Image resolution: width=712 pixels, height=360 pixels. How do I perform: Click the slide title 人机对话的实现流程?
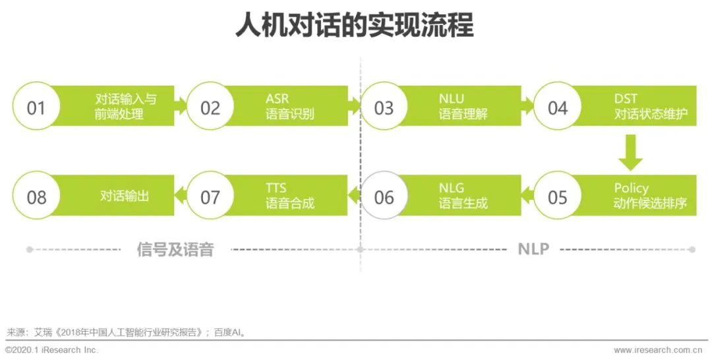click(354, 26)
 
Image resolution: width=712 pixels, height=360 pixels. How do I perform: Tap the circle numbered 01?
click(36, 107)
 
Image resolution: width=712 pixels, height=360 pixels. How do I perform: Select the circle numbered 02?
click(210, 107)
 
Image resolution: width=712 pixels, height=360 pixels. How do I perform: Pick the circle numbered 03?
click(384, 107)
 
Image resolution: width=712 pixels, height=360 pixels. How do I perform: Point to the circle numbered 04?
click(557, 107)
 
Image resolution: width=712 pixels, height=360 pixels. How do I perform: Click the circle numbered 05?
click(557, 196)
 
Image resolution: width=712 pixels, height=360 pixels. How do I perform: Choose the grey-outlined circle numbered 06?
click(384, 196)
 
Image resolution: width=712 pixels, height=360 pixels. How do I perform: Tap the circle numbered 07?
click(210, 196)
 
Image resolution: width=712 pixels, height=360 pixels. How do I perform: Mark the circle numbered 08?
click(36, 196)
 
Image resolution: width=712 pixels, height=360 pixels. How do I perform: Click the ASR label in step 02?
click(277, 99)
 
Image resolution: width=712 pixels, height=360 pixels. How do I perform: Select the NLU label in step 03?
click(451, 99)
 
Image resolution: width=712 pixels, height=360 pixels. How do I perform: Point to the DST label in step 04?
click(626, 99)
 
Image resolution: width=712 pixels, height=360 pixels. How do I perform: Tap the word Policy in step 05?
click(631, 189)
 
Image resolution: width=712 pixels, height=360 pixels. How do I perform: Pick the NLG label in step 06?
click(451, 189)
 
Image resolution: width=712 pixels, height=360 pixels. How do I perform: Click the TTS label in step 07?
click(276, 189)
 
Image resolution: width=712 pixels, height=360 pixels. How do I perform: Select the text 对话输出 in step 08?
click(125, 196)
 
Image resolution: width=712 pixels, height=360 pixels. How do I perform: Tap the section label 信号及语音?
click(175, 249)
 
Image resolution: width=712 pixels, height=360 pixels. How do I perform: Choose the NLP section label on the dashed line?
click(533, 249)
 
